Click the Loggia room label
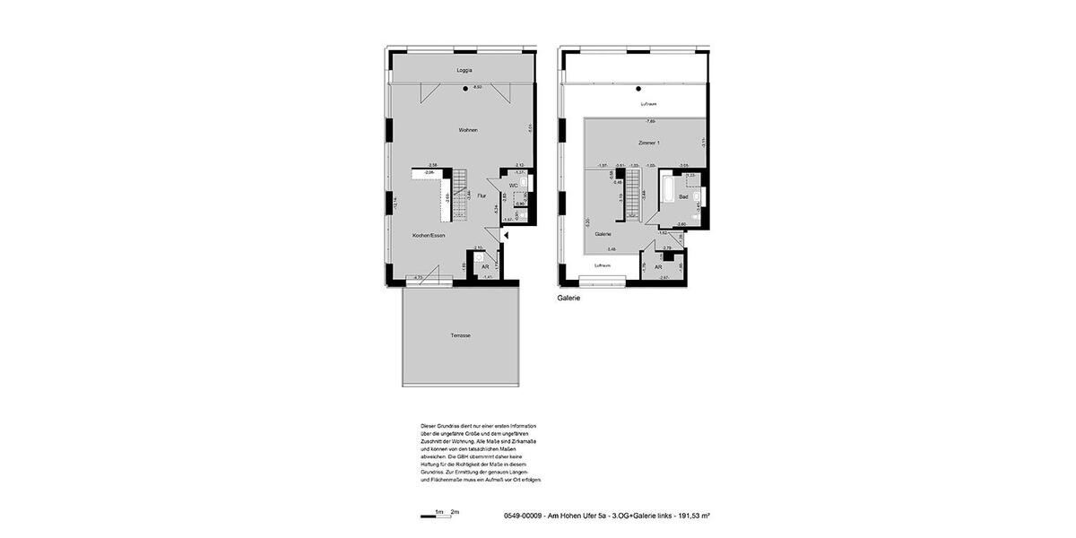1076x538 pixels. click(x=464, y=70)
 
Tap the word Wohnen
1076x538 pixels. click(x=468, y=130)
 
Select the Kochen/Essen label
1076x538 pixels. click(x=429, y=235)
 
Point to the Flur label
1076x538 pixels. click(x=482, y=195)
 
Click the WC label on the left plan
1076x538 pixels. click(x=513, y=186)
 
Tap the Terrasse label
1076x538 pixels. click(x=461, y=335)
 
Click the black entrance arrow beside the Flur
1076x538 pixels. click(x=506, y=235)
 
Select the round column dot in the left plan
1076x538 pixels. click(x=465, y=88)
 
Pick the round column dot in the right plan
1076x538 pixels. click(x=638, y=88)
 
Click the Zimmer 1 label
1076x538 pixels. click(x=648, y=143)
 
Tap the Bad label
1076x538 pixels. click(x=683, y=196)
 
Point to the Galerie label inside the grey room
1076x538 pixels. click(x=603, y=233)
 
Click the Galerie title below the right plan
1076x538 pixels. click(x=568, y=298)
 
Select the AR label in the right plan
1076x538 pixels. click(x=658, y=267)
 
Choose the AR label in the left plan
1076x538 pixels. click(x=485, y=267)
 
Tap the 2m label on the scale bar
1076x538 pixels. click(x=455, y=512)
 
